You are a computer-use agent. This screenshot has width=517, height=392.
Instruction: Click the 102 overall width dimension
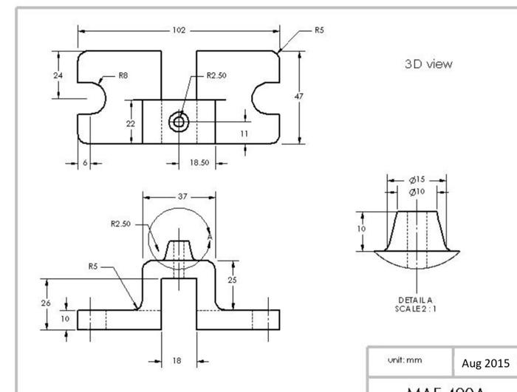point(179,31)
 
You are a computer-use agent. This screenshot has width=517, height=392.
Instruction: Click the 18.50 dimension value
point(199,162)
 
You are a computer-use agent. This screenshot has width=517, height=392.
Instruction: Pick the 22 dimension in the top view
point(131,123)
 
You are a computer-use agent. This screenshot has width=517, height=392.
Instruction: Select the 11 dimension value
point(244,134)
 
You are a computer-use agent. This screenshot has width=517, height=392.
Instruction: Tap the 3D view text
point(430,63)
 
